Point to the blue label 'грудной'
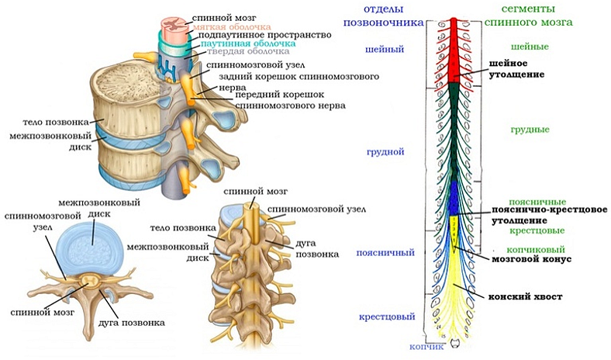[x=385, y=152]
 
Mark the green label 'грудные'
[x=530, y=130]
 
